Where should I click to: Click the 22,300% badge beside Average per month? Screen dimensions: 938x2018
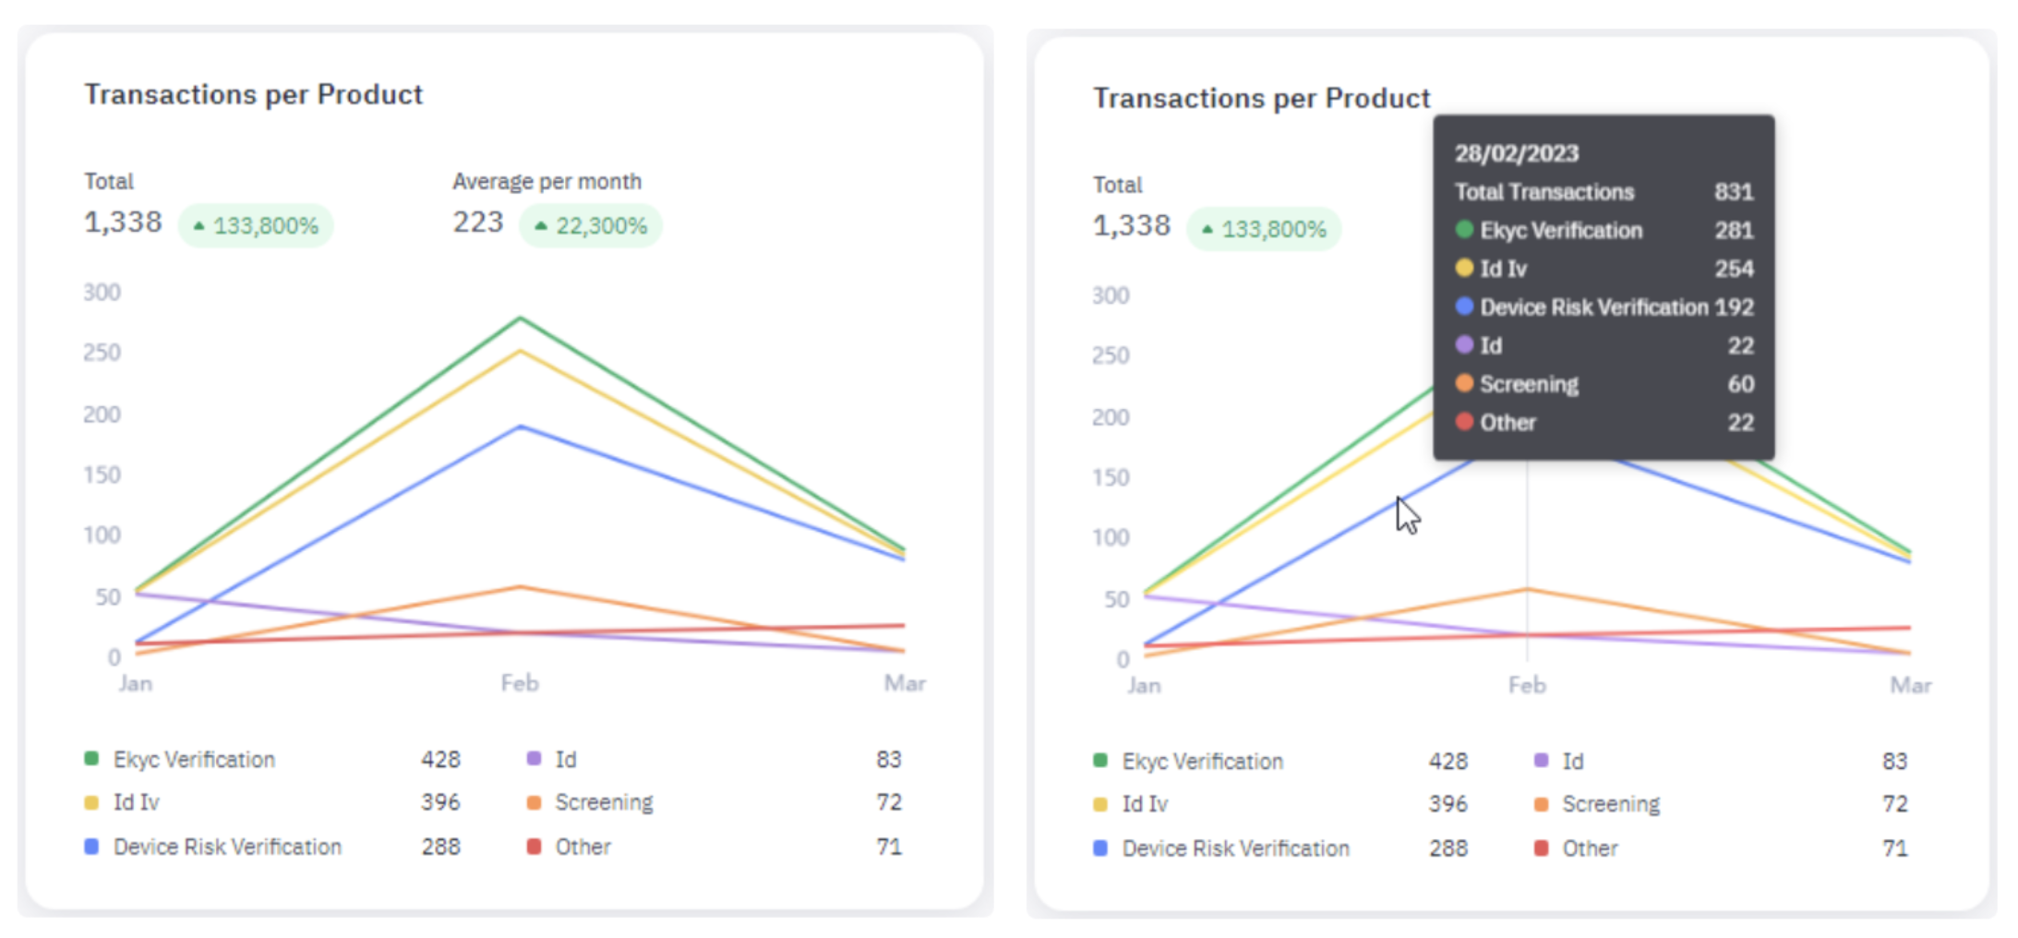tap(591, 226)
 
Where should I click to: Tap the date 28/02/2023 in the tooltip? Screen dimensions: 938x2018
tap(1516, 153)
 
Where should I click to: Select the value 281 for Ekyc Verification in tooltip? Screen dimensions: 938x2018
tap(1733, 230)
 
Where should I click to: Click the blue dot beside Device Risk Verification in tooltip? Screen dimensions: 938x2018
tap(1464, 307)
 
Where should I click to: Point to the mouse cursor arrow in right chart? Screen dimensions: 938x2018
tap(1406, 513)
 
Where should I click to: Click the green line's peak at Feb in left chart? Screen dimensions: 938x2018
tap(521, 319)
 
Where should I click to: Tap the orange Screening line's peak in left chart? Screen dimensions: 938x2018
tap(521, 586)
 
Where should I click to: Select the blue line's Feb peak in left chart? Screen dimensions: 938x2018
tap(521, 427)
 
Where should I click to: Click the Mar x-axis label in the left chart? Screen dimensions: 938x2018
tap(904, 683)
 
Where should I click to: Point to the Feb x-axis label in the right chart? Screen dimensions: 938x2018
tap(1526, 685)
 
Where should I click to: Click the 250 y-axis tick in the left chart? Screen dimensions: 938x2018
tap(102, 353)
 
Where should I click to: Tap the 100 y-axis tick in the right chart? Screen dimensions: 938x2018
tap(1110, 537)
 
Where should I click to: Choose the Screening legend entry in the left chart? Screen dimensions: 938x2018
tap(604, 802)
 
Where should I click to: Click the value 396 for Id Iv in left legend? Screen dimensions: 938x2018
tap(440, 802)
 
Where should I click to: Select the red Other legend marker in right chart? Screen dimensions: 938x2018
tap(1541, 848)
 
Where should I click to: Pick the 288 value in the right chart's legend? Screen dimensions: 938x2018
tap(1447, 848)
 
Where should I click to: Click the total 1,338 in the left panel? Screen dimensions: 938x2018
tap(123, 222)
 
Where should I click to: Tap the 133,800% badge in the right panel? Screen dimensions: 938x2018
tap(1264, 229)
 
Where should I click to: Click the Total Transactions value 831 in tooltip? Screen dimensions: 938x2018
tap(1733, 192)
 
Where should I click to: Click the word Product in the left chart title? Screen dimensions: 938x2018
tap(369, 94)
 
